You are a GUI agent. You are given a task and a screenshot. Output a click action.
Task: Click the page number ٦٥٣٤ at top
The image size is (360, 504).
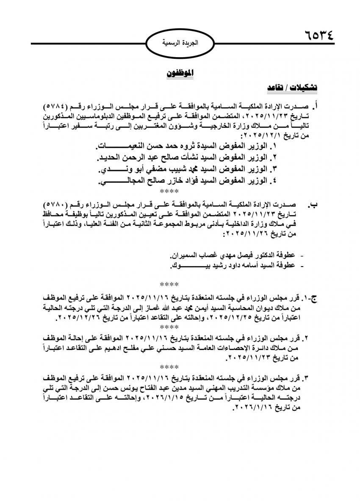[319, 34]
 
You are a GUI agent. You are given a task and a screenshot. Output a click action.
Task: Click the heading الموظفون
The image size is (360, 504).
[179, 73]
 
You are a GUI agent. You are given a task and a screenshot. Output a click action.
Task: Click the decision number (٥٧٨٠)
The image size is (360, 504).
[59, 205]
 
